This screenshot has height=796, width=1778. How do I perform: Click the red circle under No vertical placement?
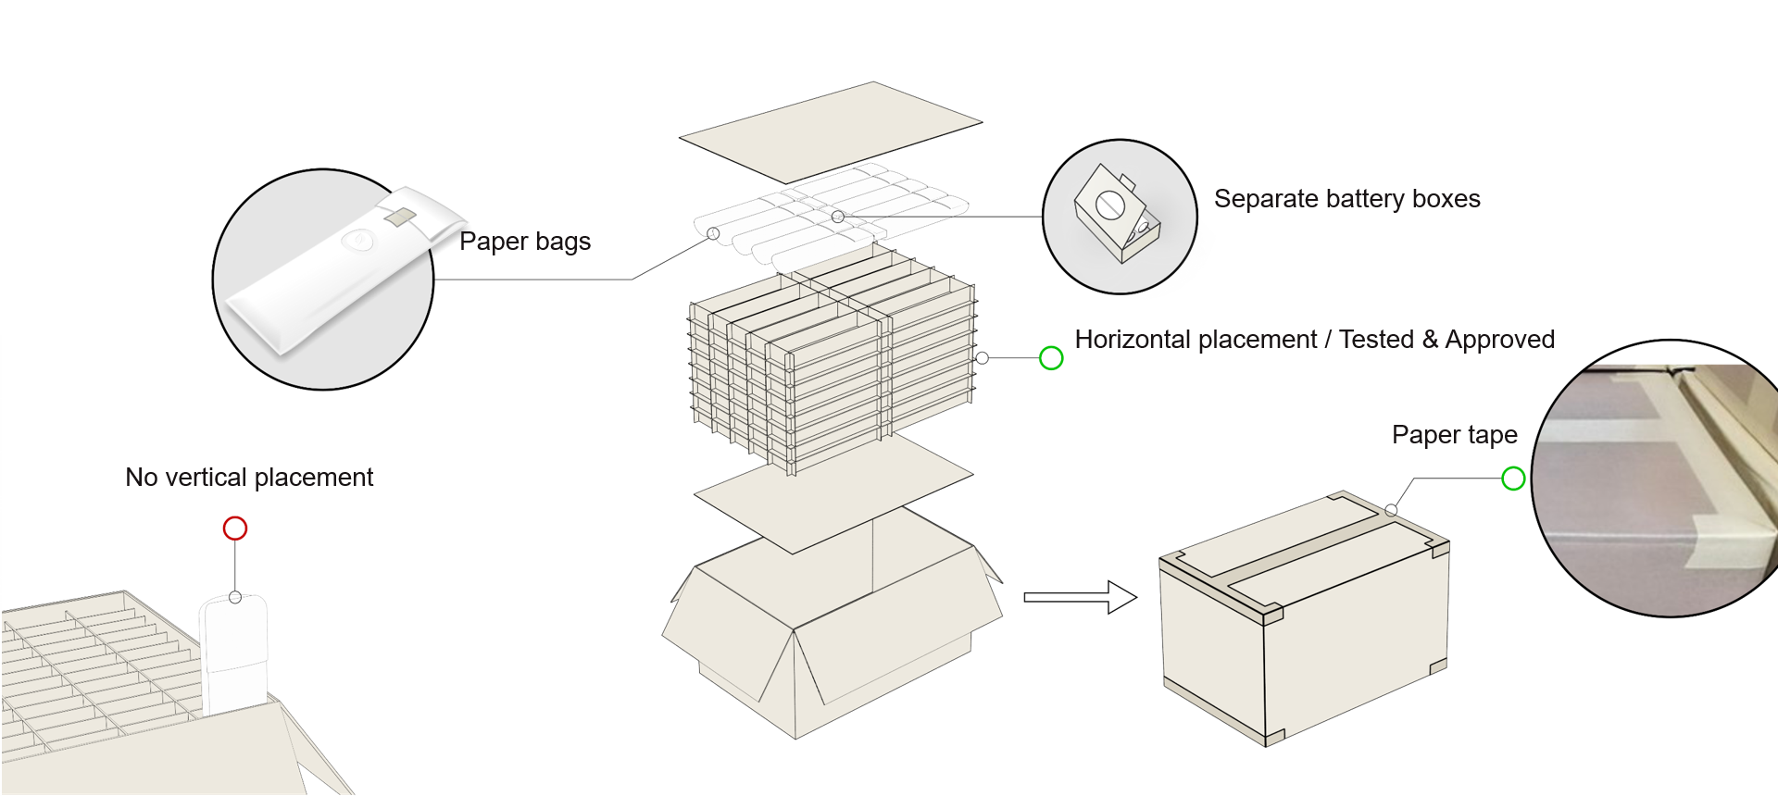(235, 529)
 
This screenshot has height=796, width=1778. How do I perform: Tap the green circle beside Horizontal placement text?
(1051, 358)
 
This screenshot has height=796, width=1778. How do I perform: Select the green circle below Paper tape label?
(1513, 479)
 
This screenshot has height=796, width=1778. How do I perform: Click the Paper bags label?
(524, 242)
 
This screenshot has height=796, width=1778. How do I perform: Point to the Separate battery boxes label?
(1346, 199)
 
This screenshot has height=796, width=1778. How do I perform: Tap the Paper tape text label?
(1454, 435)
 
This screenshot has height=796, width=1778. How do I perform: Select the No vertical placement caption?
(249, 478)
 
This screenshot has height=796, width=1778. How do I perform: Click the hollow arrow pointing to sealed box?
(1080, 597)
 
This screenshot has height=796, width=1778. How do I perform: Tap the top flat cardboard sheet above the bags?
(831, 131)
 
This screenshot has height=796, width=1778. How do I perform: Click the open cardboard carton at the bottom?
(833, 639)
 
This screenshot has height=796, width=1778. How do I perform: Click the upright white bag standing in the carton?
(234, 653)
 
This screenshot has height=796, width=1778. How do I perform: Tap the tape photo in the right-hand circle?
(1658, 481)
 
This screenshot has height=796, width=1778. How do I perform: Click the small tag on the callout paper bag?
(399, 217)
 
